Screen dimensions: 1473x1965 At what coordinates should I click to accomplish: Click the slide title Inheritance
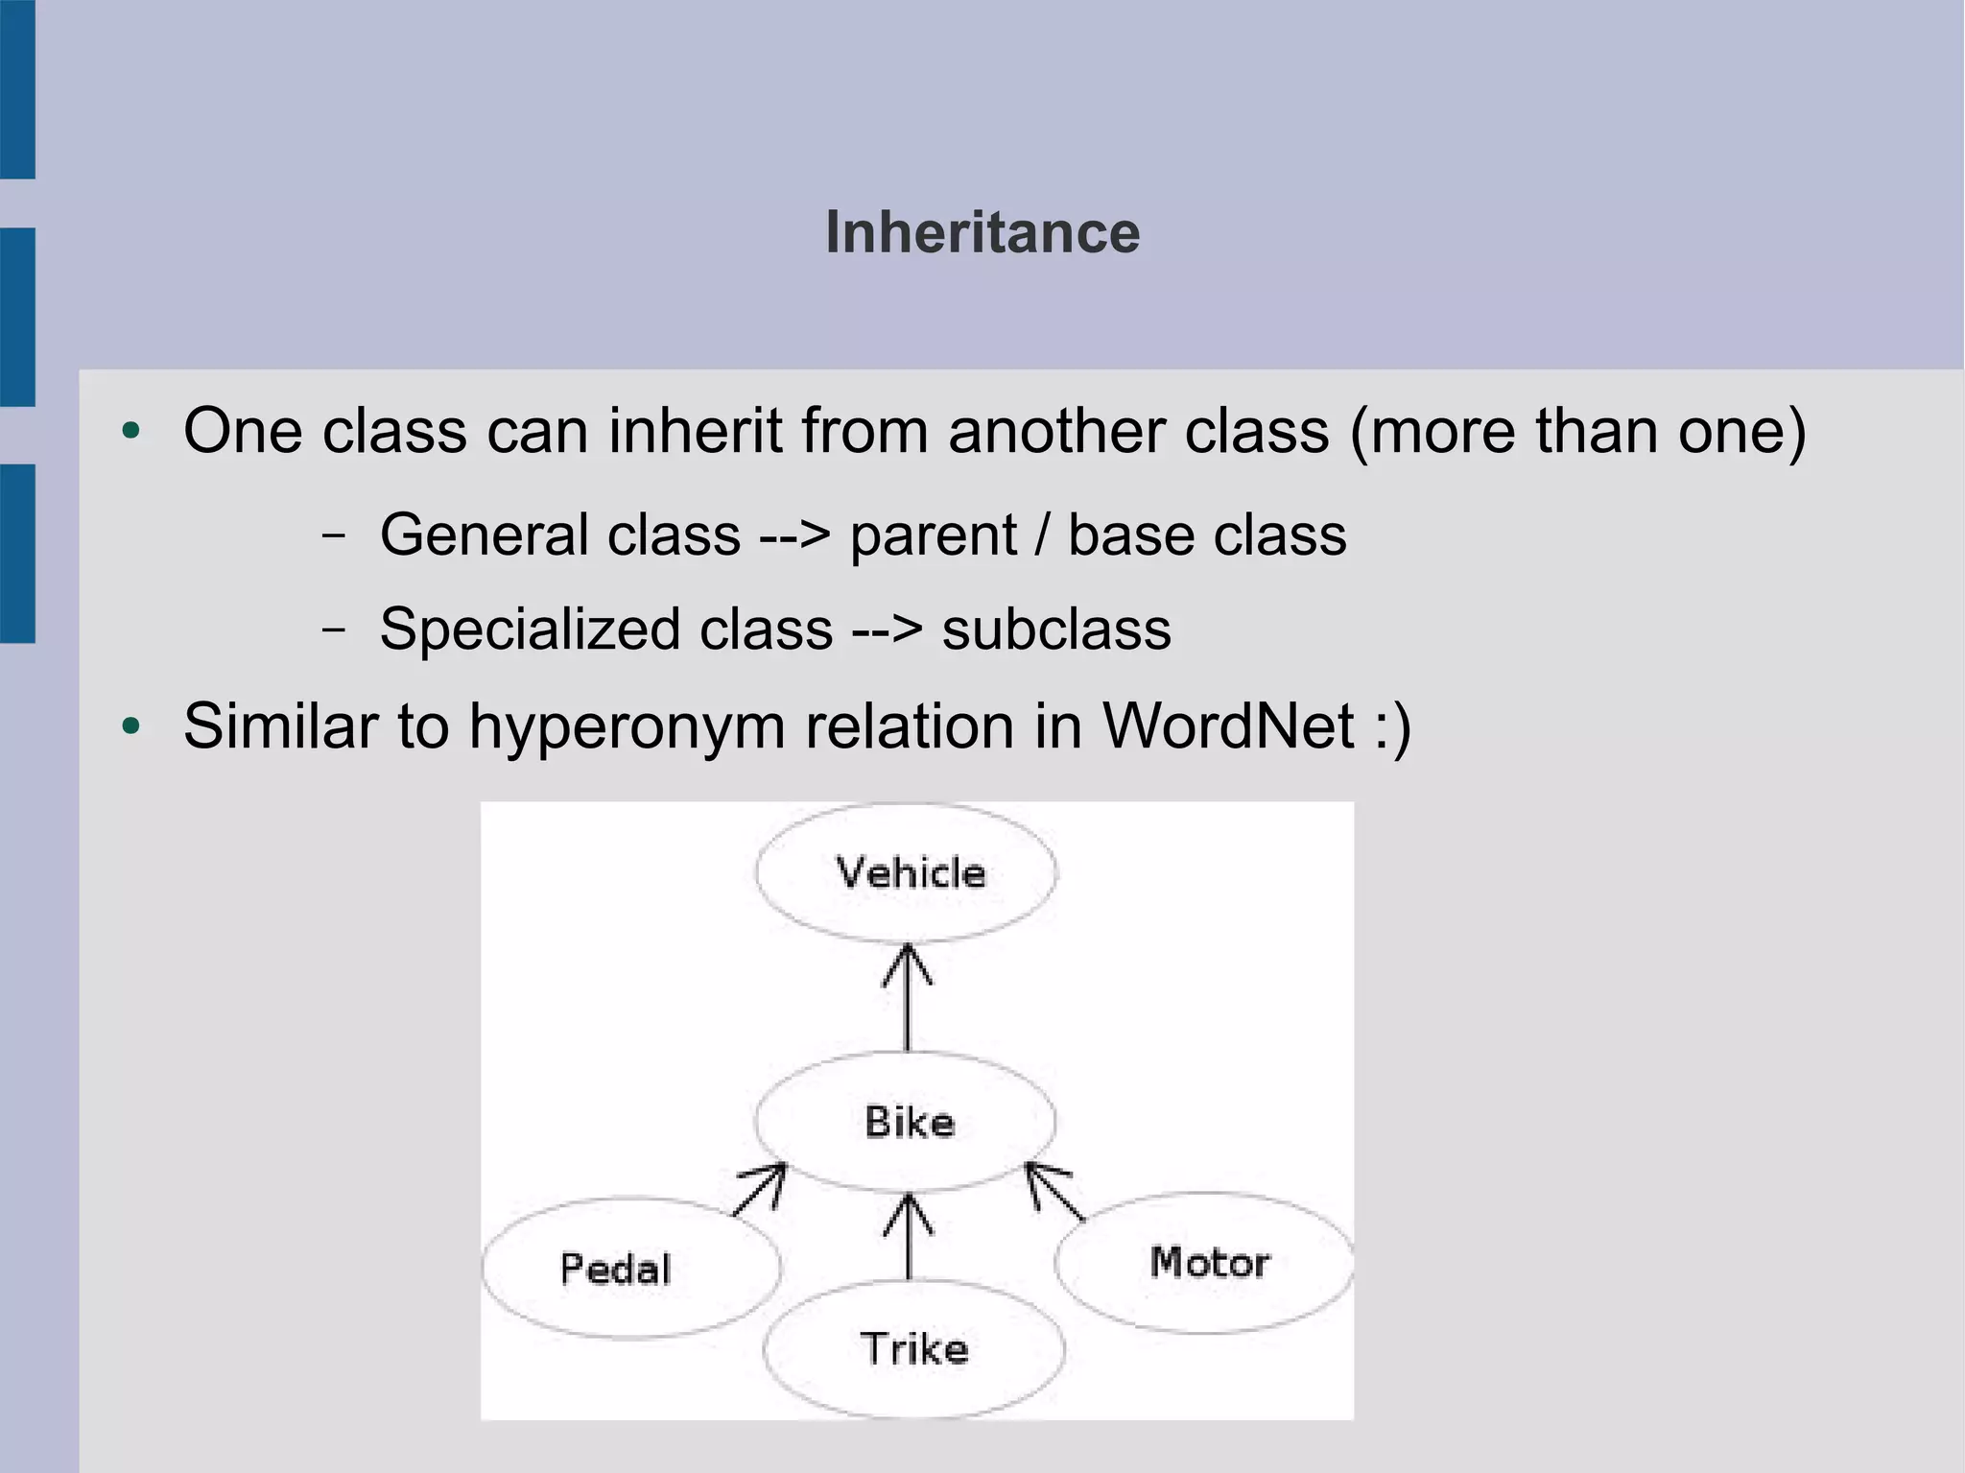pos(982,233)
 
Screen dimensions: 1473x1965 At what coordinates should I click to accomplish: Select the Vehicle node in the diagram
pos(908,872)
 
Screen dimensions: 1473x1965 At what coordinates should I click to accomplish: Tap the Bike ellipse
pos(907,1121)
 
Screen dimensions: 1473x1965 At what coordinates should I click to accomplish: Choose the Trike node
pos(913,1348)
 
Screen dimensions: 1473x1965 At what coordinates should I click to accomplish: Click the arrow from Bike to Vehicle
pos(908,998)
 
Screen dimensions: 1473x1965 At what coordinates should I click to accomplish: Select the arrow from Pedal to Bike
pos(760,1189)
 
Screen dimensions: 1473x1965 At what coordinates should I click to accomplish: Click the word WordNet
pos(1228,725)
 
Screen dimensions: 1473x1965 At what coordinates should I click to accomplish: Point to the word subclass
pos(1056,630)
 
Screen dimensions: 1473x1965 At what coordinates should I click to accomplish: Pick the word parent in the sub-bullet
pos(933,535)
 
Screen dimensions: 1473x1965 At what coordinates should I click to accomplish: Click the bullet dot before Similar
pos(131,726)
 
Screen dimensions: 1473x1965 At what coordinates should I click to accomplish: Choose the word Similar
pos(280,725)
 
